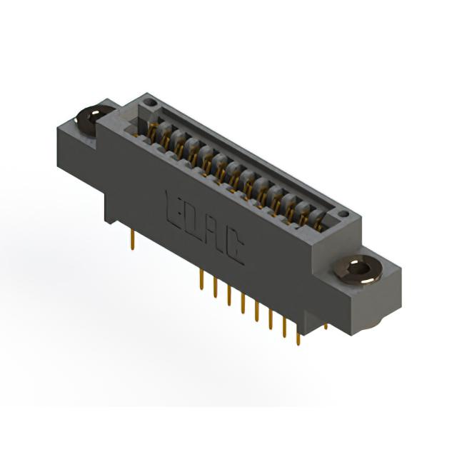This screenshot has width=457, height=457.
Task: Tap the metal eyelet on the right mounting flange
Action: [x=358, y=269]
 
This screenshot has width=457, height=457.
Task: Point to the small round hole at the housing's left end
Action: [x=151, y=102]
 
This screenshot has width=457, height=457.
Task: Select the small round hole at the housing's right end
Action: [x=344, y=214]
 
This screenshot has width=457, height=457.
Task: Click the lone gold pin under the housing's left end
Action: [x=133, y=240]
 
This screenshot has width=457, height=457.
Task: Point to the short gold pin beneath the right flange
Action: [x=326, y=326]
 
